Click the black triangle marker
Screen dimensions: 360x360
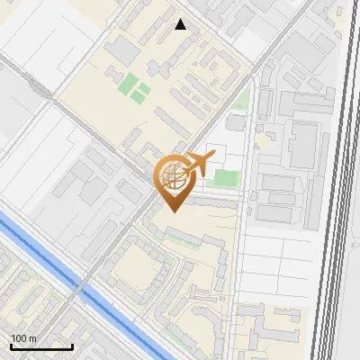pos(181,24)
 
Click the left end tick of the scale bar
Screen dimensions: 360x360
pos(11,346)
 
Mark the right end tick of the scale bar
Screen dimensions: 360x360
pos(72,346)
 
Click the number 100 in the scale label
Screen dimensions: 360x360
pos(19,338)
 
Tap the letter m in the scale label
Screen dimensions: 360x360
pos(31,338)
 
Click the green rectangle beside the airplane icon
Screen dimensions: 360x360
pos(228,180)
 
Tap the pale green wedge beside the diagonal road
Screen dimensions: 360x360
pos(240,99)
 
